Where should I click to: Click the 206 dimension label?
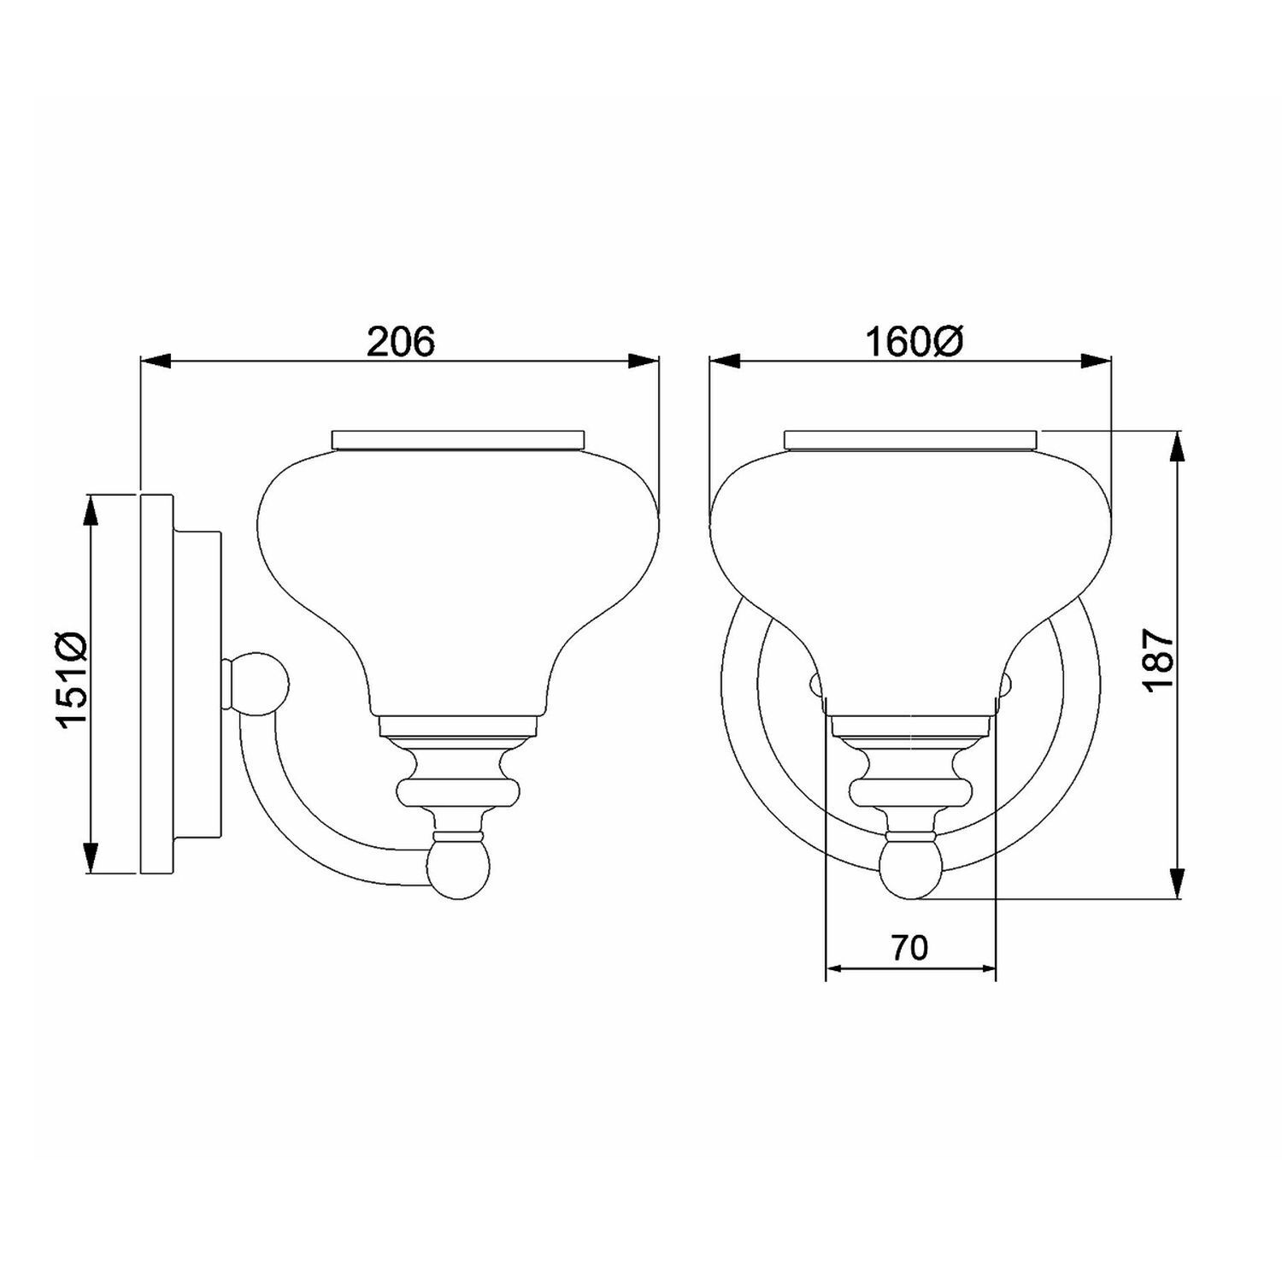tap(401, 342)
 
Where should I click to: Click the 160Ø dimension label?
tap(914, 343)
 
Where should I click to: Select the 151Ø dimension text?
tap(73, 680)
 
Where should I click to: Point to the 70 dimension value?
tap(909, 948)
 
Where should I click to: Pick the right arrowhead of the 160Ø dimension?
tap(1095, 362)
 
